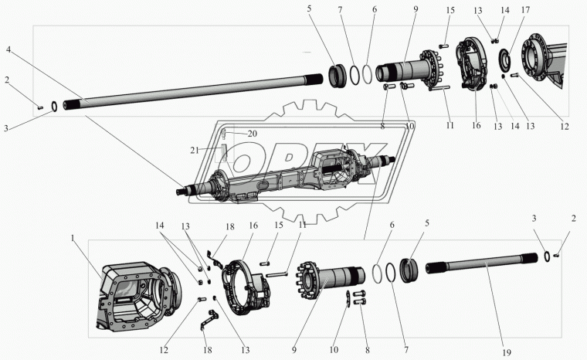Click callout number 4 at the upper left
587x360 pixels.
point(9,49)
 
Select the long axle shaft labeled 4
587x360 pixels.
point(193,92)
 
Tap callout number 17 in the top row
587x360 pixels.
point(526,10)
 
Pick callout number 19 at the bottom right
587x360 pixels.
point(507,352)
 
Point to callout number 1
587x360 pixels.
point(73,237)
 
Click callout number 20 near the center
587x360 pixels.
point(253,134)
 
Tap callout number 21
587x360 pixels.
point(195,151)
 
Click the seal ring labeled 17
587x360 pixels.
point(506,59)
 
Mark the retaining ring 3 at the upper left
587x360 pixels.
point(54,107)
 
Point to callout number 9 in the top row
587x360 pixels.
point(416,9)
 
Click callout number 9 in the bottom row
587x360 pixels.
point(293,350)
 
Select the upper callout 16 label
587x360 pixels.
point(476,125)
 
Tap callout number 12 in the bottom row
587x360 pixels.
point(164,350)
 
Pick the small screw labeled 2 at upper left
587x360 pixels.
point(40,108)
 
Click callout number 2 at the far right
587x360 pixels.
point(574,219)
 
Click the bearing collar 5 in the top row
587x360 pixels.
point(338,76)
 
